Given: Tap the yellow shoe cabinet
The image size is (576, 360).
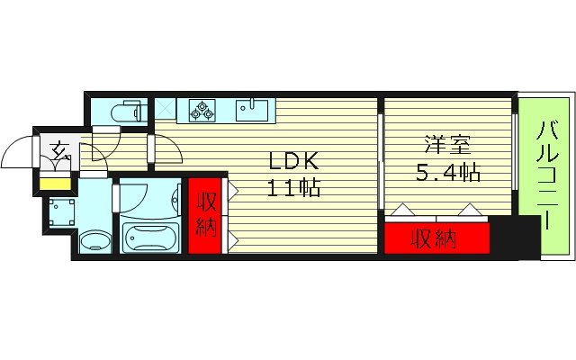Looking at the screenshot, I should pyautogui.click(x=53, y=184).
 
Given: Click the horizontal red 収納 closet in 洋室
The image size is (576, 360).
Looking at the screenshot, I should pyautogui.click(x=436, y=239).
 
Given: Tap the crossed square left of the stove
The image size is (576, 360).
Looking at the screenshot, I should pyautogui.click(x=166, y=110).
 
